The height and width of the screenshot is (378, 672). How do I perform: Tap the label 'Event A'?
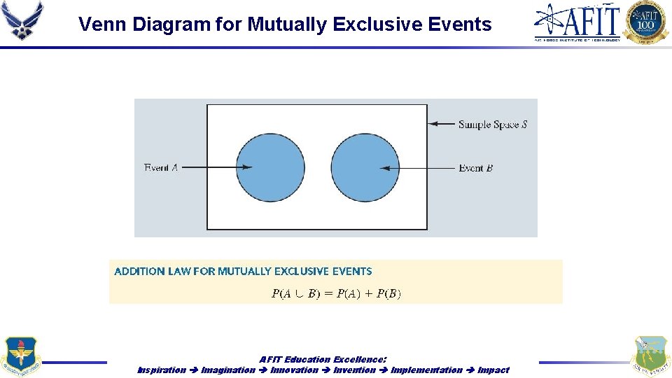(x=161, y=167)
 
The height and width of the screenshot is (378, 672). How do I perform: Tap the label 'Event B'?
(x=476, y=168)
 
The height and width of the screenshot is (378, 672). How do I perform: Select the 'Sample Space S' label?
(x=493, y=125)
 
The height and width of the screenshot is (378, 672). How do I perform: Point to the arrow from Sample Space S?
(x=442, y=124)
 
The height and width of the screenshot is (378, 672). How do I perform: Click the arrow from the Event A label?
(x=217, y=167)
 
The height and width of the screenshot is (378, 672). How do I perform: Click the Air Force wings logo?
(x=22, y=20)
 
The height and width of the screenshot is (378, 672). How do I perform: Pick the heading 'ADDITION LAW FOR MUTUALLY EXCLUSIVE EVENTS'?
(x=243, y=271)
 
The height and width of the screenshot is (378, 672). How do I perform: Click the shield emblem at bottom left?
(x=22, y=357)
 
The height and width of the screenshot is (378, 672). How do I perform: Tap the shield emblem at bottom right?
(x=650, y=357)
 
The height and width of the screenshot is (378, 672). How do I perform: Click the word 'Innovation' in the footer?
(x=294, y=370)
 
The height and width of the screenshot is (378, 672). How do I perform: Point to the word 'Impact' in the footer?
(x=493, y=370)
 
